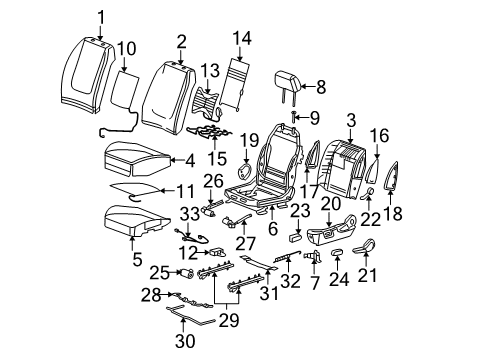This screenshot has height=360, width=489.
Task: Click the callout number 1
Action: coord(100,14)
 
